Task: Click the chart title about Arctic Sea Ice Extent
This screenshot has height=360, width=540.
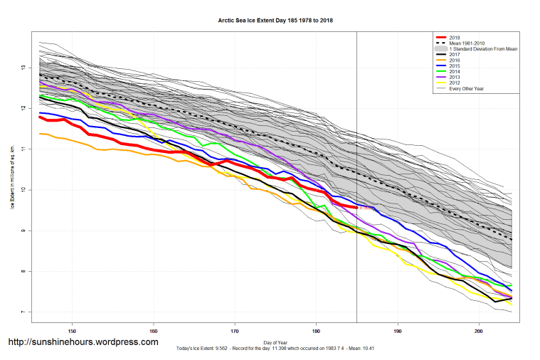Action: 276,21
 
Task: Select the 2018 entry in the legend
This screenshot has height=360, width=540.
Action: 456,37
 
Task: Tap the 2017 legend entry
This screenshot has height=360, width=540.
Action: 456,54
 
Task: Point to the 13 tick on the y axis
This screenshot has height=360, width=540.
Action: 23,68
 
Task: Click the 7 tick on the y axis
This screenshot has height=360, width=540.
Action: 23,312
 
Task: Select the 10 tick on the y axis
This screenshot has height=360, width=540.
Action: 23,190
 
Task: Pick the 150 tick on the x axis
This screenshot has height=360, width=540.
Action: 72,331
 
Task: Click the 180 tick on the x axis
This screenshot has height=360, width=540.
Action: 316,331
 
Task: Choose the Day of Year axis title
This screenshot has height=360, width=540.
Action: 276,342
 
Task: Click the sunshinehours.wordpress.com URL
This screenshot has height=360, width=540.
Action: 83,342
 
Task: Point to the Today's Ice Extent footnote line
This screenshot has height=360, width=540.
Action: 276,349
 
